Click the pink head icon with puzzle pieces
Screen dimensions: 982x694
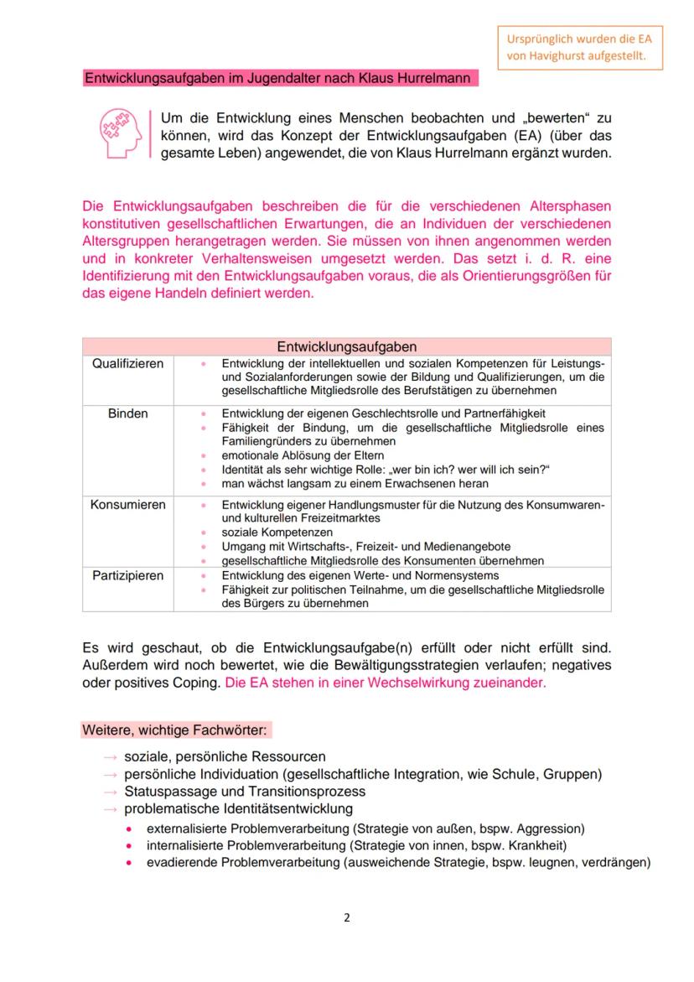[120, 132]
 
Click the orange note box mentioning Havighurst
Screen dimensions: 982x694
[583, 48]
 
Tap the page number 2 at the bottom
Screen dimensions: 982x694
[347, 917]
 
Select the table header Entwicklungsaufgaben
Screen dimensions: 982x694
[346, 346]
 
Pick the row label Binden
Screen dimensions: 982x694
[128, 413]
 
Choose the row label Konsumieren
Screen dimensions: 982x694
[128, 505]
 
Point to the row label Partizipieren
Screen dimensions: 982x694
[128, 575]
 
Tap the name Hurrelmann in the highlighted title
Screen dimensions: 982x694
[431, 79]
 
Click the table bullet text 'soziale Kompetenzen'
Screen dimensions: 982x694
[277, 533]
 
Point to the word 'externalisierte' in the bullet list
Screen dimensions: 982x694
[184, 828]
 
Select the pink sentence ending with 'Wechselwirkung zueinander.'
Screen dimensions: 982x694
[386, 683]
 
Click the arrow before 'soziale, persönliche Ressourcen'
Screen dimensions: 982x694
[111, 756]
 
